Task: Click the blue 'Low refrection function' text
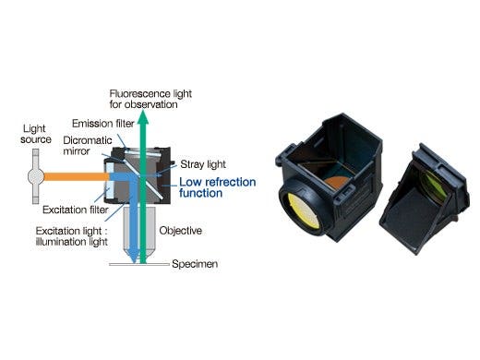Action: click(x=209, y=187)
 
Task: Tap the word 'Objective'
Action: click(x=180, y=230)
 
